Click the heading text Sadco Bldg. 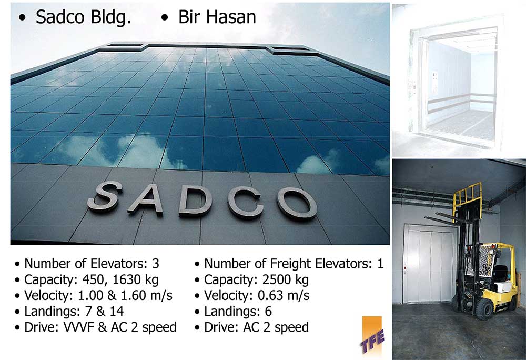(83, 17)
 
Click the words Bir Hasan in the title (217, 17)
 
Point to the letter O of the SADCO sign (296, 203)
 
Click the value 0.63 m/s (284, 296)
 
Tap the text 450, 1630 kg (120, 280)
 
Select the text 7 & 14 (104, 312)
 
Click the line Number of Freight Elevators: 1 (294, 264)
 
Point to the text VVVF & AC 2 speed (120, 327)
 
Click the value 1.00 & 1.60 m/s (125, 296)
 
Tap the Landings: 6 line (238, 312)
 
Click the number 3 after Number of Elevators (155, 264)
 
